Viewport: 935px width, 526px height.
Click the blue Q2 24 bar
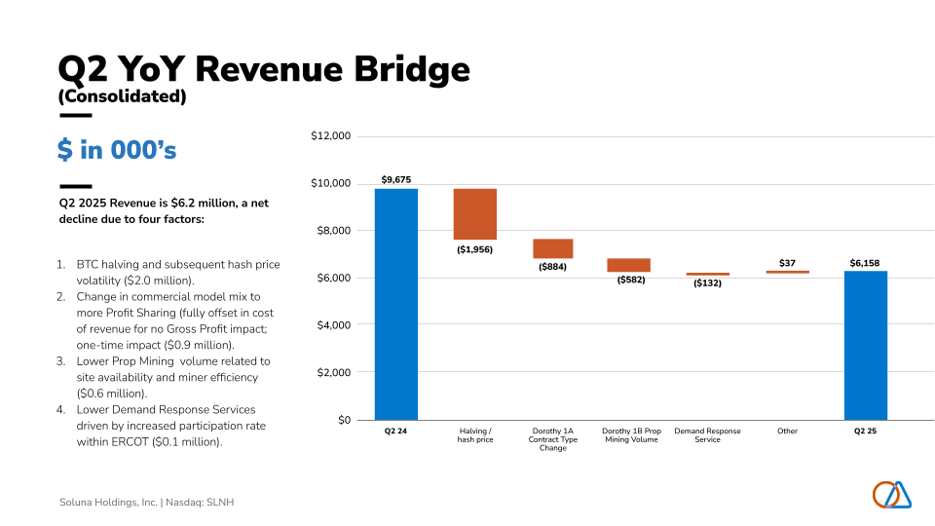pos(396,304)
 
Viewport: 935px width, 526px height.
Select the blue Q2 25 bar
pos(865,345)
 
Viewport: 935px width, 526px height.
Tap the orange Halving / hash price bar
pos(475,213)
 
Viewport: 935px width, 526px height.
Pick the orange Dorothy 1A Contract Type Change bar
pos(552,248)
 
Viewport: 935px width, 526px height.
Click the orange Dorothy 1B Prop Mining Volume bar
pos(628,265)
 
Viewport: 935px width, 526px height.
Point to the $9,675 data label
pos(396,180)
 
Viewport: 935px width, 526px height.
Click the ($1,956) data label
pos(475,249)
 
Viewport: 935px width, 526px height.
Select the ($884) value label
pos(552,267)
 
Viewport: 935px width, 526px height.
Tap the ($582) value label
pos(630,281)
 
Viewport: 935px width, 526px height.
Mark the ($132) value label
pos(707,283)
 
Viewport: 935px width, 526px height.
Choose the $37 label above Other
pos(787,263)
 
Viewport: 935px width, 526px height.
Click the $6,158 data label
pos(865,263)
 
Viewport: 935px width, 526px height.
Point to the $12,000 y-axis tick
pos(330,136)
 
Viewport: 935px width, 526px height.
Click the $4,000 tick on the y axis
pos(333,325)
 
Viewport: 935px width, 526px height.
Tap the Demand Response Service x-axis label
pos(707,434)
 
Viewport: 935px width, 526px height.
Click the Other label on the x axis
pos(787,431)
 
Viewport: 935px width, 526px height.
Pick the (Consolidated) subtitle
pos(122,96)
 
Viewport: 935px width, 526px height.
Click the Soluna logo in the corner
pos(891,495)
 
